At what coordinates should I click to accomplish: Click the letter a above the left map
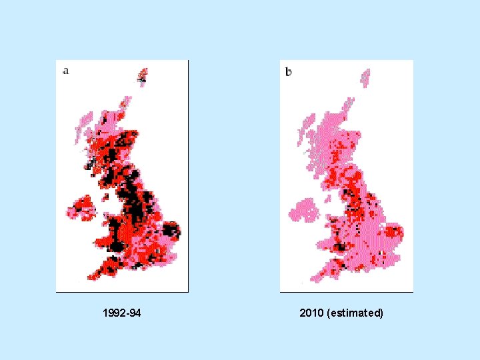65,70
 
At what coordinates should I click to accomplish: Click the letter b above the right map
289,71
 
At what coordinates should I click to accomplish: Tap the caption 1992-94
122,313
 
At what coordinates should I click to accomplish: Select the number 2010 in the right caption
312,313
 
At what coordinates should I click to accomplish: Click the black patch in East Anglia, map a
171,231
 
